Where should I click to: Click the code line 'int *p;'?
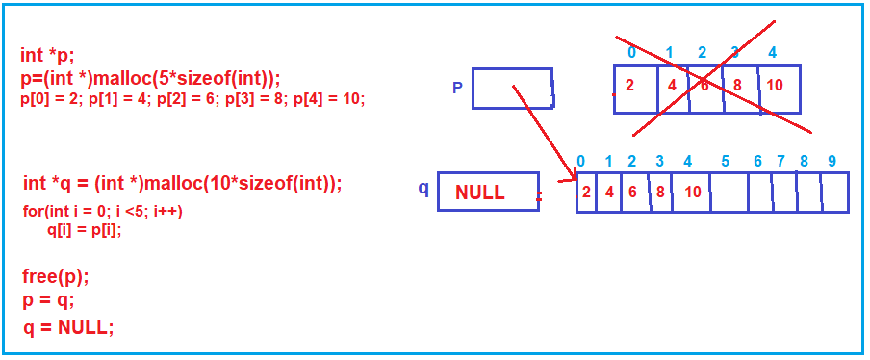46,55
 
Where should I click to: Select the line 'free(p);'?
56,277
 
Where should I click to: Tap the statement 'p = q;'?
48,299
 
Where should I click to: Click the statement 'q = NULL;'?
68,326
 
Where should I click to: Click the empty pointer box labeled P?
512,88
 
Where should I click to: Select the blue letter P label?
458,89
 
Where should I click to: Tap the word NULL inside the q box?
479,193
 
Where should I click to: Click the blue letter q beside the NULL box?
423,188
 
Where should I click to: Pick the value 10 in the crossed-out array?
775,85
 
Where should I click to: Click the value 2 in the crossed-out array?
629,85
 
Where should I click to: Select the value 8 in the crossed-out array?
737,85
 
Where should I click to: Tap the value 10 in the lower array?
693,191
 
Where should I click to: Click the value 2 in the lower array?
586,191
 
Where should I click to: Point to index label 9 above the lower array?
832,161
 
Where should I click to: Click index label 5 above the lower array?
725,161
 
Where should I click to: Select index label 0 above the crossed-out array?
630,52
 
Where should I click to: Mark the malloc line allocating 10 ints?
183,183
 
